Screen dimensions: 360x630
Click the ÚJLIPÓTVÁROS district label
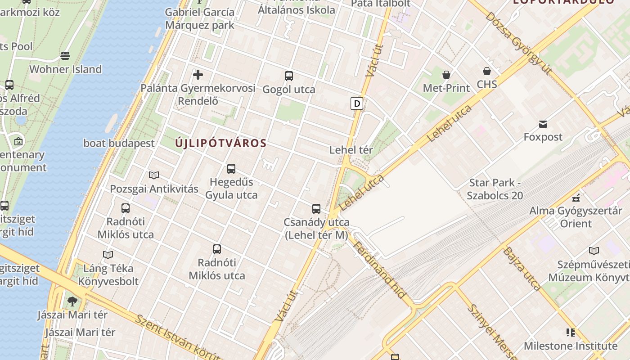[220, 144]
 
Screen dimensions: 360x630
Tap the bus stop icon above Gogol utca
[289, 76]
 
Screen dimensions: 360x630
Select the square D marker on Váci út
[357, 103]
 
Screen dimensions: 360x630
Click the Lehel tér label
[351, 150]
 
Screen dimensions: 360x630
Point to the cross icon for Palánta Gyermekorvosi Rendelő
[198, 75]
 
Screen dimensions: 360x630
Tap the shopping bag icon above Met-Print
[446, 75]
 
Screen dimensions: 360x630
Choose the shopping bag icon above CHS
[487, 71]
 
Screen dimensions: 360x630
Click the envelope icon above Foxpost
[543, 124]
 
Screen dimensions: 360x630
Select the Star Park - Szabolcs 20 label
[495, 189]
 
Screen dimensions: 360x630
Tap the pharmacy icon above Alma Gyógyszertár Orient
[576, 197]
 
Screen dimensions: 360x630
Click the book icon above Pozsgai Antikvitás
[154, 175]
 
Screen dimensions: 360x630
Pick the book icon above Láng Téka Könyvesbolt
[108, 255]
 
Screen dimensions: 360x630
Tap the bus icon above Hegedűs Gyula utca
[231, 169]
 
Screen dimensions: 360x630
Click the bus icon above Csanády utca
[316, 209]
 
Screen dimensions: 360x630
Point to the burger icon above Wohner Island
[65, 56]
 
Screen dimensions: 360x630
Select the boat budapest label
[119, 144]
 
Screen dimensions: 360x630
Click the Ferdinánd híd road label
[381, 270]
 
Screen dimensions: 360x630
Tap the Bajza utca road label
[522, 269]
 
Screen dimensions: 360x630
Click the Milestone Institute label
[571, 346]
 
